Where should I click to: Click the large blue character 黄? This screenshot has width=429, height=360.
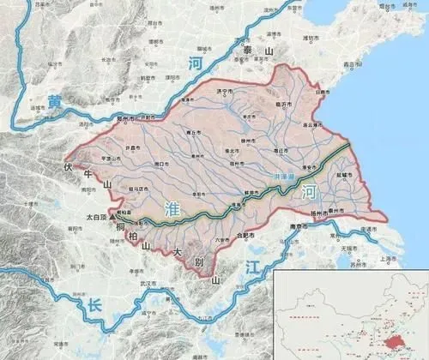click(56, 102)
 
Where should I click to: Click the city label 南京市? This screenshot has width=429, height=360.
click(299, 227)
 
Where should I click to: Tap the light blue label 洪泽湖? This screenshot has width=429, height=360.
click(281, 176)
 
